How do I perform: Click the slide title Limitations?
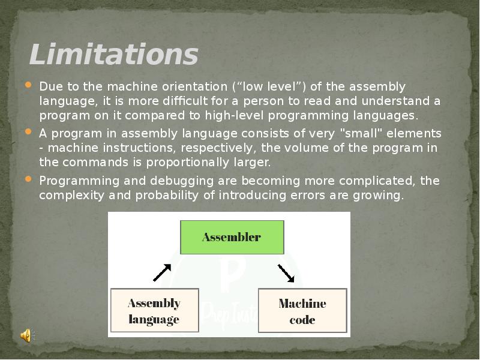coord(113,55)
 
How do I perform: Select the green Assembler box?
coord(232,237)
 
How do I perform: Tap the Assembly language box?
coord(154,311)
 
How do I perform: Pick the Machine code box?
coord(302,311)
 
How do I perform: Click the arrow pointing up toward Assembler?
coord(162,272)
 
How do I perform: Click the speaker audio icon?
coord(26,336)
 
